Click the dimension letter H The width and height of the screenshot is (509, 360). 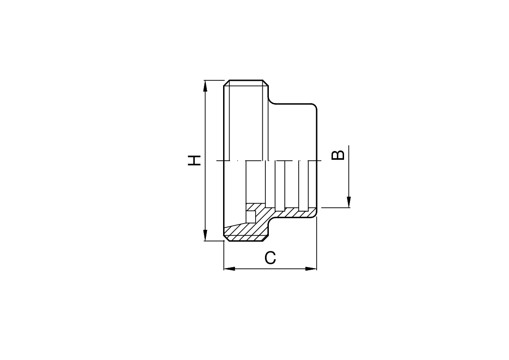(194, 160)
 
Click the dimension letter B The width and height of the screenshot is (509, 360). (338, 155)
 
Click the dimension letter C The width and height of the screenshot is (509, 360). (270, 258)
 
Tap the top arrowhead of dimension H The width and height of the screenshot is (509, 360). (205, 86)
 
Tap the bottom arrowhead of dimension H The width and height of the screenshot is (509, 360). (205, 235)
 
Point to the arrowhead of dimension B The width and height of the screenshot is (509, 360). (349, 201)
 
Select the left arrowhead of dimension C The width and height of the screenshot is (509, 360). (229, 269)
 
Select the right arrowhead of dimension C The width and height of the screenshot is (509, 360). (311, 269)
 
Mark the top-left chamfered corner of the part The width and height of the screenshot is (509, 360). (226, 83)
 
